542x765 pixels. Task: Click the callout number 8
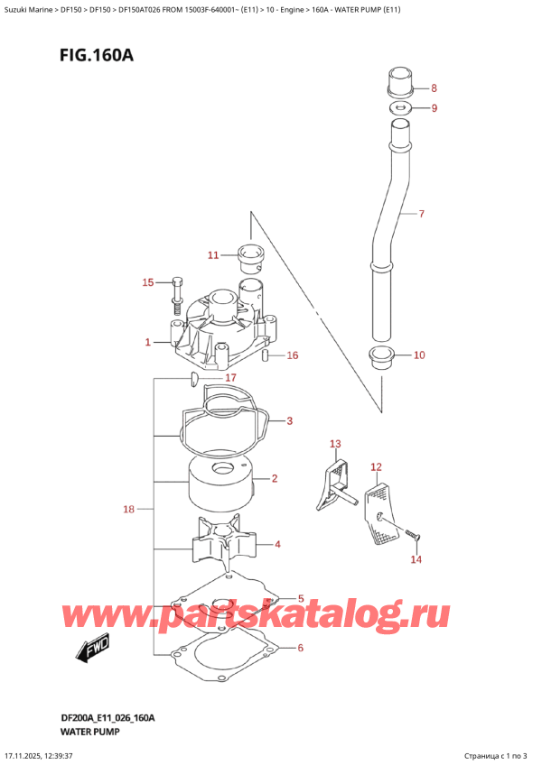coord(434,88)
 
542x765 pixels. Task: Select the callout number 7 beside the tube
coord(421,215)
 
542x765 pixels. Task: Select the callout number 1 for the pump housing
coord(147,343)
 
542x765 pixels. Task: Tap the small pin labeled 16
coord(266,355)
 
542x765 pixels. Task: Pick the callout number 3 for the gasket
coord(290,420)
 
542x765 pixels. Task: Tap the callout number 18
coord(128,510)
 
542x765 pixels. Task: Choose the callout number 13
coord(336,444)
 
